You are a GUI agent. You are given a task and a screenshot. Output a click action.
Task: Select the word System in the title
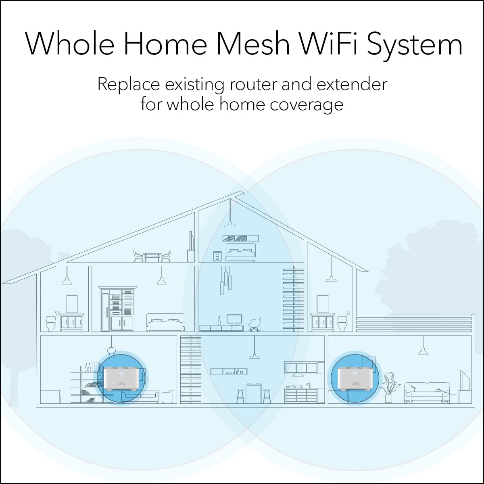coord(416,44)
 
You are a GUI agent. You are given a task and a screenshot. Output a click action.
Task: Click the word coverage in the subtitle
coord(307,104)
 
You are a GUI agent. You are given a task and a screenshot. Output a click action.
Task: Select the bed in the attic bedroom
coord(240,253)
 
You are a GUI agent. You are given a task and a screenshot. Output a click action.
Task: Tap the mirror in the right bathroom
coord(323,303)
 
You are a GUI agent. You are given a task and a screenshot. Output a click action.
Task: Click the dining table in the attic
coord(152,257)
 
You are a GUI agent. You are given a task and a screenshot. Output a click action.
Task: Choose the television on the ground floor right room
coord(465,381)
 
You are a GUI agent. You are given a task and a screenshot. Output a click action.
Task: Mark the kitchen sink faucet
coord(309,385)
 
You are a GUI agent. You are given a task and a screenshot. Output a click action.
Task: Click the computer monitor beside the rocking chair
coord(234,320)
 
